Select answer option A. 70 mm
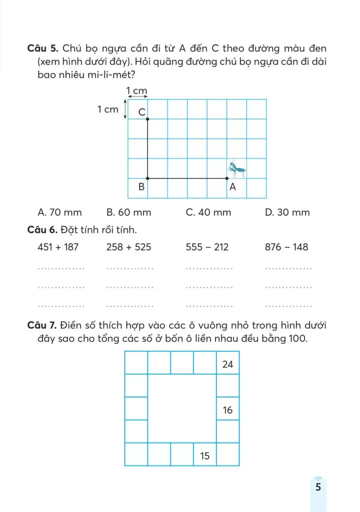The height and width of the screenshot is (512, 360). [x=59, y=212]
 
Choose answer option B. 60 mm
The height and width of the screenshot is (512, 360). [x=128, y=212]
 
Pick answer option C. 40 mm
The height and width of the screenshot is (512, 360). [x=208, y=212]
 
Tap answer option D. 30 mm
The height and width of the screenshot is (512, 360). [x=287, y=212]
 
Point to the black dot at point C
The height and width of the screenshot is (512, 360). [x=147, y=118]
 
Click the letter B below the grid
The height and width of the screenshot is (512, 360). [x=141, y=187]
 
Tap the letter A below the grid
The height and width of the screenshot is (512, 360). [x=232, y=187]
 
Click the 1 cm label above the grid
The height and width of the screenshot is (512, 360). [x=136, y=91]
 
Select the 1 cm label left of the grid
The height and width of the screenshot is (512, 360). [x=108, y=109]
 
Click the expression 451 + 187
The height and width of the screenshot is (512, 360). [x=58, y=247]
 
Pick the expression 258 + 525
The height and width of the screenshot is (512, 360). [x=128, y=247]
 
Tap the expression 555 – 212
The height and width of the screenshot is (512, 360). [x=207, y=247]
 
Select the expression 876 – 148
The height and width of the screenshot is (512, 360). [x=286, y=247]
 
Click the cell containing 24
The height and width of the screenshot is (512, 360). [x=228, y=364]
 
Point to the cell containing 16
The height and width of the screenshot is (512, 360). [x=228, y=410]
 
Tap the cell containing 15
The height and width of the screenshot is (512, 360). [x=205, y=455]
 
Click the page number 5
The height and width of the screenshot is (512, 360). [x=318, y=486]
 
